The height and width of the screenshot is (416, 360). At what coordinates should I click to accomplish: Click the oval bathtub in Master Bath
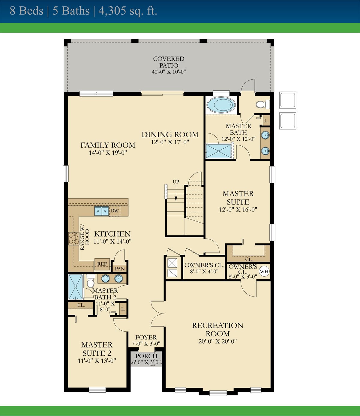click(x=221, y=105)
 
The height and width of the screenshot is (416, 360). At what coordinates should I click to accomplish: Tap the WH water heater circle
click(x=264, y=271)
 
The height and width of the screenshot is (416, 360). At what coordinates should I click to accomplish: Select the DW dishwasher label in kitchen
click(x=115, y=211)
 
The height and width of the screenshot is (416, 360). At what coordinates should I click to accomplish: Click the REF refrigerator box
click(x=102, y=264)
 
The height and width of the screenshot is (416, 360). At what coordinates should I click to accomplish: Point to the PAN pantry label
click(x=120, y=269)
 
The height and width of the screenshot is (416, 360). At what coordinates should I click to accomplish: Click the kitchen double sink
click(x=101, y=211)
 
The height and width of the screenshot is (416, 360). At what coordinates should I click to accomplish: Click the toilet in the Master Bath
click(x=262, y=104)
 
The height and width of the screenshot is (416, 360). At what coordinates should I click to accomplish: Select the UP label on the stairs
click(x=176, y=182)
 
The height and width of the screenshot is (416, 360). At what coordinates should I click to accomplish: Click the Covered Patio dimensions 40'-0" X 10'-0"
click(x=169, y=72)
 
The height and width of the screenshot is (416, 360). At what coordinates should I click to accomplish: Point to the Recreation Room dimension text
click(x=217, y=341)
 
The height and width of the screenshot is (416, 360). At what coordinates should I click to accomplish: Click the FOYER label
click(x=146, y=337)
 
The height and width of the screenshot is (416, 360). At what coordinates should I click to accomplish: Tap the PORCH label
click(x=146, y=356)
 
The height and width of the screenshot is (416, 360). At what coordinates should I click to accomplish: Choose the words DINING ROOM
click(x=170, y=135)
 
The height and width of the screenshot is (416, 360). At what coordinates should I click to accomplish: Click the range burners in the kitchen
click(x=73, y=238)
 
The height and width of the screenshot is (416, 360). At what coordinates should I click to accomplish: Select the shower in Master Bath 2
click(x=76, y=287)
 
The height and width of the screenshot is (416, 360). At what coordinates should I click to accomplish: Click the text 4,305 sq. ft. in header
click(x=127, y=11)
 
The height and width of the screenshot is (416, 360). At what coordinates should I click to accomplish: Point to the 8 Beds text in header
click(x=26, y=11)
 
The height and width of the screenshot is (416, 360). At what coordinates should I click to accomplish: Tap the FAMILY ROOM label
click(x=108, y=145)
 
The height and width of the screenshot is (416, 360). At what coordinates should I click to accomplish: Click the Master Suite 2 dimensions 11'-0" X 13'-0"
click(x=97, y=361)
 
